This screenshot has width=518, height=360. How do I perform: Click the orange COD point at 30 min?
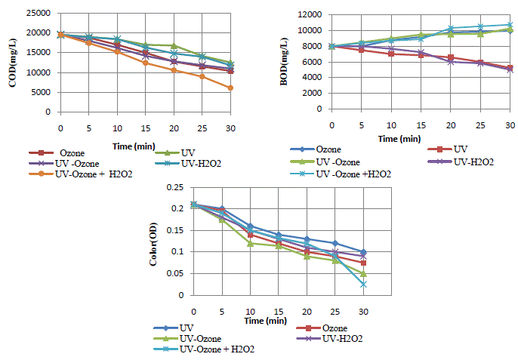pyautogui.click(x=230, y=88)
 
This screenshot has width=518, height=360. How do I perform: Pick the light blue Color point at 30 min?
pyautogui.click(x=364, y=285)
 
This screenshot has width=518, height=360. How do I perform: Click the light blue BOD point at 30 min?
pyautogui.click(x=510, y=25)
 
